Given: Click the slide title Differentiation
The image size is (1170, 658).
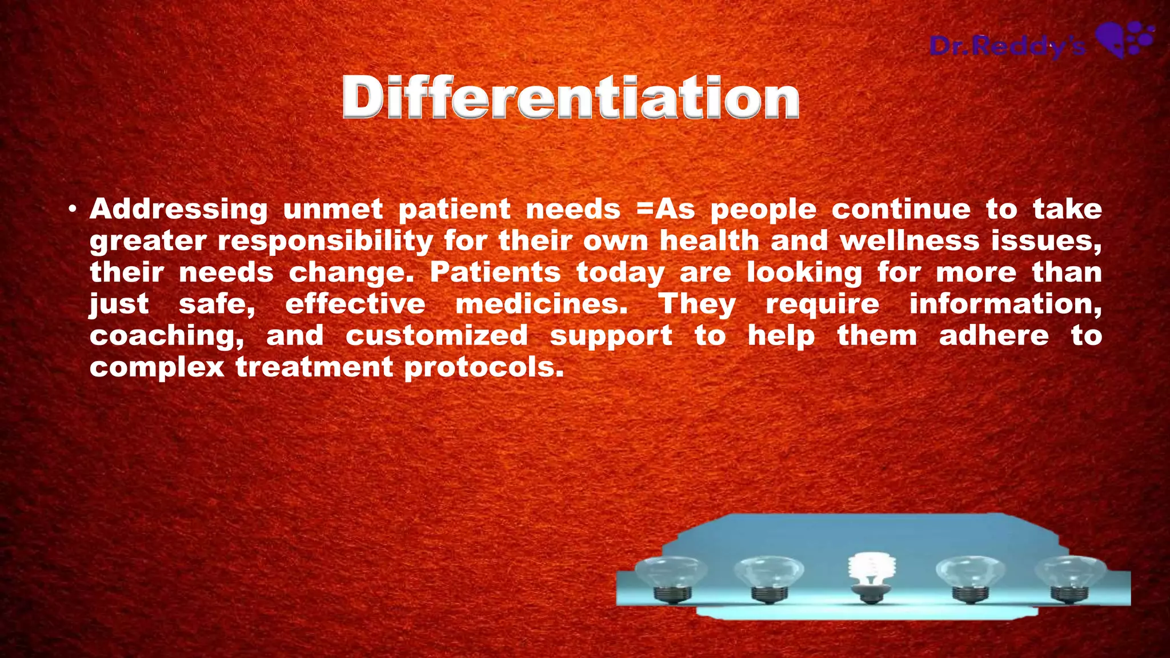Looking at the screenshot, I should click(571, 98).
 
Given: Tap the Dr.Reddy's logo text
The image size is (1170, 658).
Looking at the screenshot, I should click(1007, 46).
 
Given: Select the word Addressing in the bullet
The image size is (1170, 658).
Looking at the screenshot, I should click(178, 210).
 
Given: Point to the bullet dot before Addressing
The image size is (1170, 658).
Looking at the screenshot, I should click(71, 210).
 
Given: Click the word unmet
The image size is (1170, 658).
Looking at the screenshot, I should click(332, 210).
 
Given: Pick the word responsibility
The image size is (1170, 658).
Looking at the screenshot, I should click(325, 241).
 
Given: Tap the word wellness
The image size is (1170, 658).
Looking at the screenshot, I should click(909, 241).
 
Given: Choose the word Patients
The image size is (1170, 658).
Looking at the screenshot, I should click(495, 272).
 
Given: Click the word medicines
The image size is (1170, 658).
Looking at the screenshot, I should click(541, 304).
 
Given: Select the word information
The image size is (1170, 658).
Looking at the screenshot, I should click(1005, 304).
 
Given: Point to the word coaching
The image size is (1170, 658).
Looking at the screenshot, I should click(166, 336).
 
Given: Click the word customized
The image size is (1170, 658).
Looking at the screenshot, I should click(436, 336).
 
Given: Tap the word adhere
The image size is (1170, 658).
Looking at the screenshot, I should click(993, 336).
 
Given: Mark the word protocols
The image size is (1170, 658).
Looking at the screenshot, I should click(484, 367).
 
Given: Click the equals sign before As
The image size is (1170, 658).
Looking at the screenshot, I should click(644, 210).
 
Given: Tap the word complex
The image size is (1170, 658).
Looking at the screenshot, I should click(157, 367).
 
